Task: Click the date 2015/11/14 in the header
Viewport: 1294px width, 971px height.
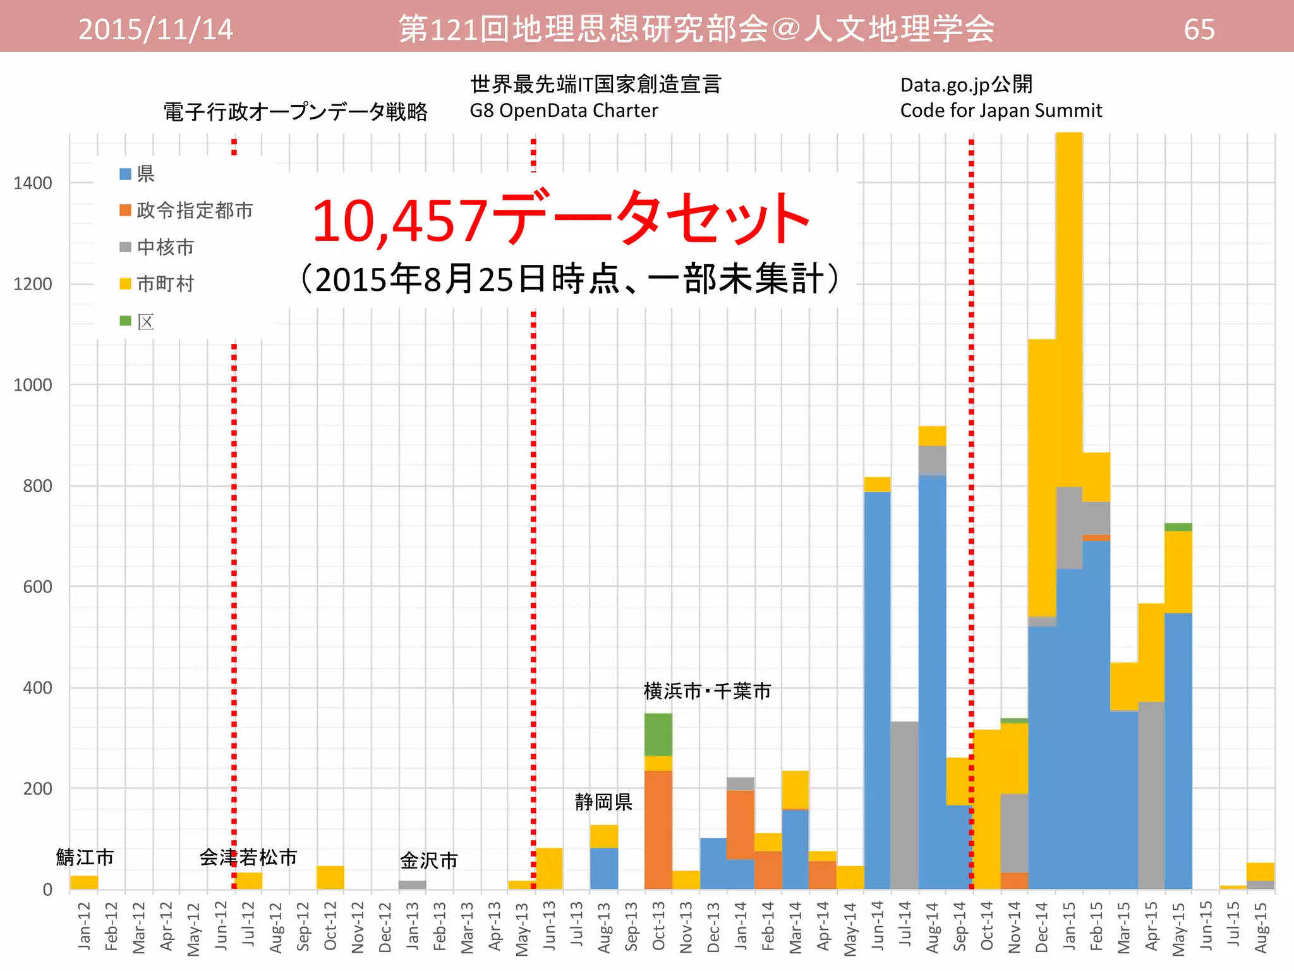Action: click(155, 30)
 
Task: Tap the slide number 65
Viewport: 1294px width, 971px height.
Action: click(1199, 30)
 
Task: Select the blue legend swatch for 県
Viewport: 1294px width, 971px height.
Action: click(125, 174)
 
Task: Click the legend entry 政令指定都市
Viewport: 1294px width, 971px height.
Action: click(194, 211)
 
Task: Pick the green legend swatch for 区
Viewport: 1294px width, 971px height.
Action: click(125, 321)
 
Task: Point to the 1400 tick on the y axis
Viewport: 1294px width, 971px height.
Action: click(33, 183)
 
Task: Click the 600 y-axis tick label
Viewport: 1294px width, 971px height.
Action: click(37, 587)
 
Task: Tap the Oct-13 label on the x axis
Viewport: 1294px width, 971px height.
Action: click(658, 926)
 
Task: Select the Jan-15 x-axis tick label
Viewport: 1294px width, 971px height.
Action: click(1069, 926)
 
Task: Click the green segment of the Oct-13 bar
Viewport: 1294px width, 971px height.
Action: click(658, 735)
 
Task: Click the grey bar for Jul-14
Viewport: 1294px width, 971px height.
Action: click(904, 806)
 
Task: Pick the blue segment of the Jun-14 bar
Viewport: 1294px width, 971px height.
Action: click(877, 689)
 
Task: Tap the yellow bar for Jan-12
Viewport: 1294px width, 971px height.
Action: click(84, 882)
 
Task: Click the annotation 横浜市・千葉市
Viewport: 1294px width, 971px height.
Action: click(707, 691)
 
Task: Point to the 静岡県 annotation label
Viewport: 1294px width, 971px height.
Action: click(603, 802)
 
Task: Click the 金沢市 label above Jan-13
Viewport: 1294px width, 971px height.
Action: click(429, 860)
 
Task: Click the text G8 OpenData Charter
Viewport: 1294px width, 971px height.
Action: click(564, 111)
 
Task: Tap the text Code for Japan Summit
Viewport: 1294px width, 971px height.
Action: click(1001, 111)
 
